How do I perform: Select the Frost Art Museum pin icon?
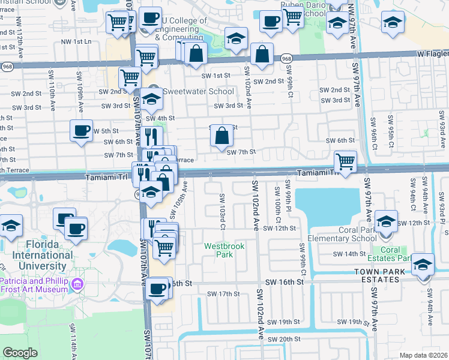coord(76,283)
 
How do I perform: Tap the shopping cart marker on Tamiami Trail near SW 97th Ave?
coord(345,161)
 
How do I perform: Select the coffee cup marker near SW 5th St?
coord(81,130)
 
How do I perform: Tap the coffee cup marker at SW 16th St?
coord(158,287)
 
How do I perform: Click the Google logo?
coord(20,352)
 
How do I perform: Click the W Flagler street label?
coord(432,54)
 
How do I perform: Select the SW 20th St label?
coord(283,339)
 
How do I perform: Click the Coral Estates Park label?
coord(390,254)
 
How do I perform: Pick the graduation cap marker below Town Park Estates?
coord(423,265)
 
